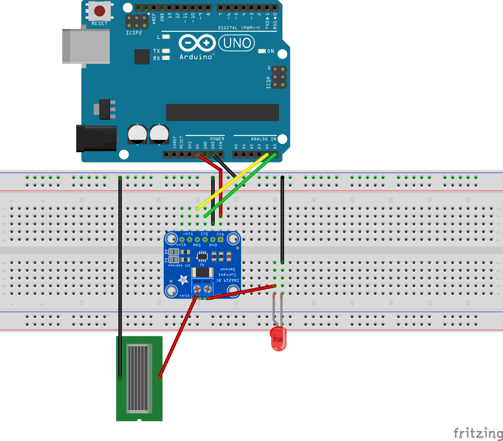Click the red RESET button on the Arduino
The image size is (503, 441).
pos(99,11)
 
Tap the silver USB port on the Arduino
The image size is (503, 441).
pos(86,46)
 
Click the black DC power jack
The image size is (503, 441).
pos(96,138)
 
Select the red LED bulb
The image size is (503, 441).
pos(278,339)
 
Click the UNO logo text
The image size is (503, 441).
pos(237,43)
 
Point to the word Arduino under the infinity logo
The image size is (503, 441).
pos(196,57)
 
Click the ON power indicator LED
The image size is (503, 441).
pos(262,51)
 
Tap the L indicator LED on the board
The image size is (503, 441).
pos(166,37)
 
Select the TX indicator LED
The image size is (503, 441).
pos(166,51)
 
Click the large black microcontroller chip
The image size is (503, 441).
pos(222,112)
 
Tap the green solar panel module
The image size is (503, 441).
pos(139,378)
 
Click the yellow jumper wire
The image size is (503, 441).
pos(232,181)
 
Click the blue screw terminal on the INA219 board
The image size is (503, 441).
pos(202,288)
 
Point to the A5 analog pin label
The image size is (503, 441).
pos(275,146)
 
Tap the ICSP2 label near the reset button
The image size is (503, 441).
pos(134,33)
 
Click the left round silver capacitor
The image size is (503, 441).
pos(137,134)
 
